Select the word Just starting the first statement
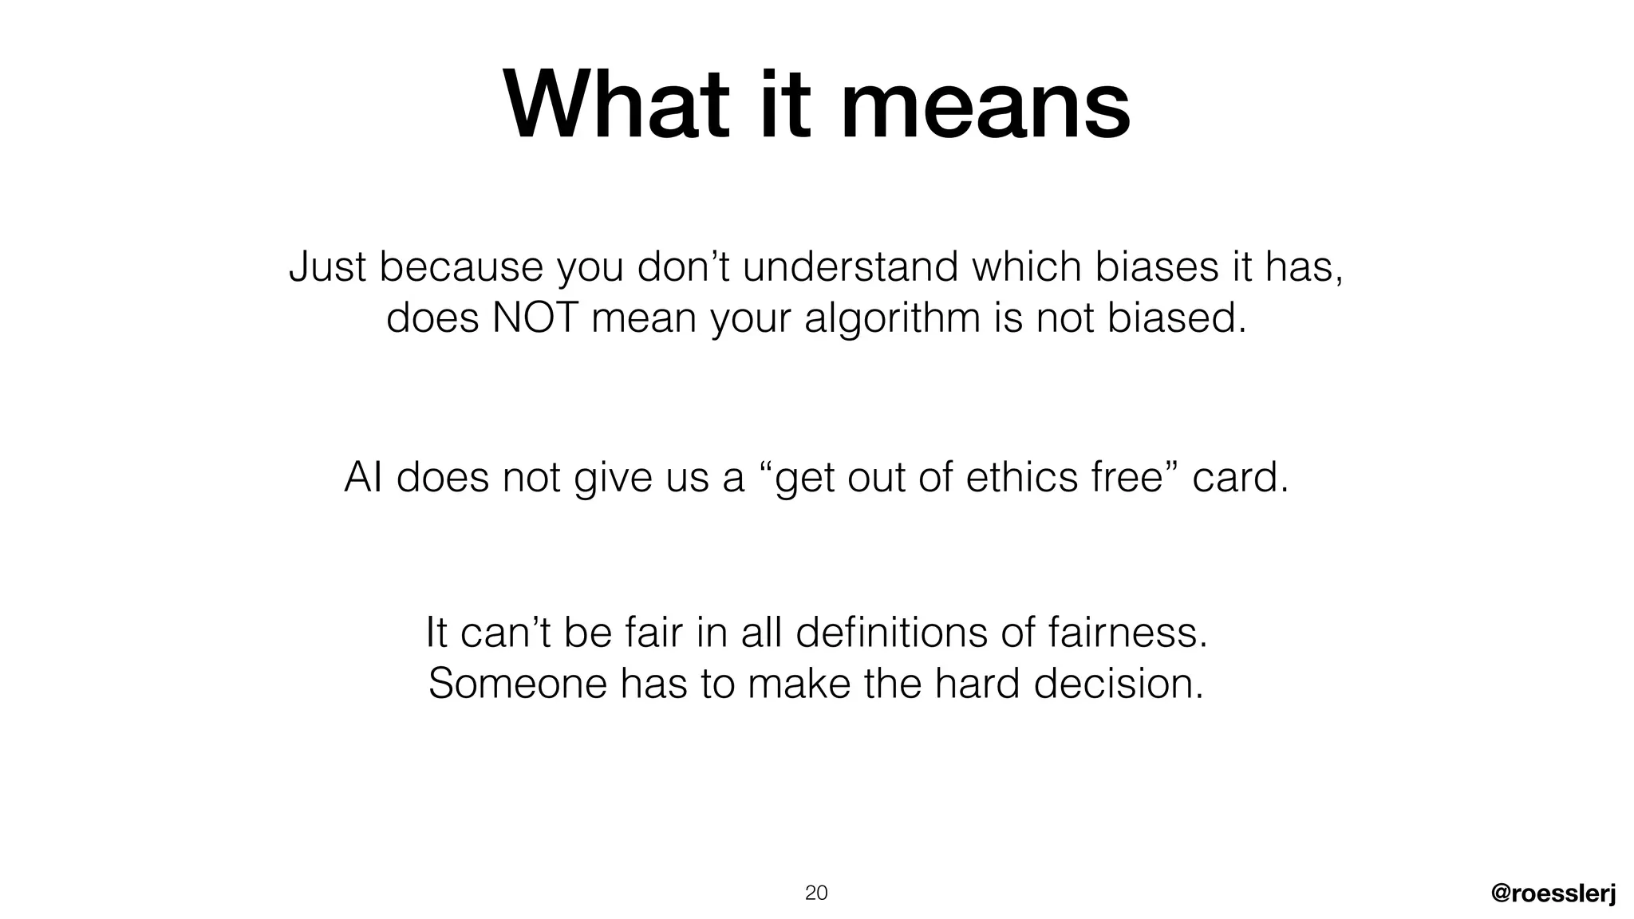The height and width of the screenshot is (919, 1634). tap(327, 266)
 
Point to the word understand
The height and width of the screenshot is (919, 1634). tap(850, 266)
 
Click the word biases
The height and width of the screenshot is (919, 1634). tap(1157, 266)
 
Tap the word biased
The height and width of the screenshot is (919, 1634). tap(1176, 318)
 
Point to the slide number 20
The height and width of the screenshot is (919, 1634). tap(816, 893)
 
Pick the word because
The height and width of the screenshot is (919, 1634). tap(460, 266)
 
